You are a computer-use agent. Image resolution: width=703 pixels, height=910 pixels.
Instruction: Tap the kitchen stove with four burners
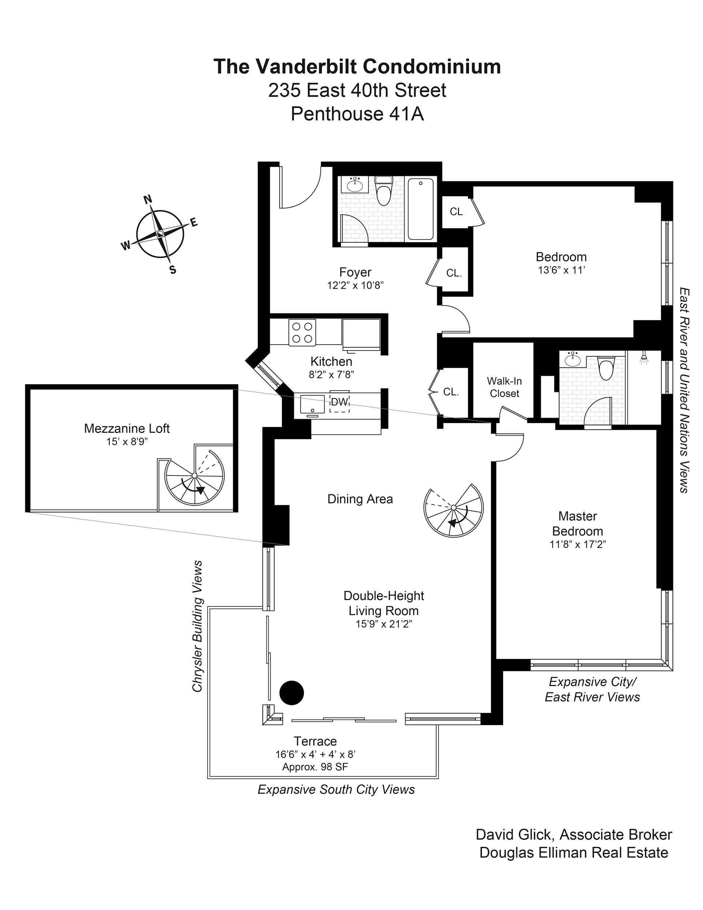(302, 332)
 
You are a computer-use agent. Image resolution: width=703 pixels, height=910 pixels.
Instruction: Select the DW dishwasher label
(339, 402)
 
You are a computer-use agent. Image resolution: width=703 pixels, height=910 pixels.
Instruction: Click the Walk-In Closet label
(504, 387)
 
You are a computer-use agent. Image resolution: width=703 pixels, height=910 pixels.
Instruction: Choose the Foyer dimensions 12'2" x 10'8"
(355, 285)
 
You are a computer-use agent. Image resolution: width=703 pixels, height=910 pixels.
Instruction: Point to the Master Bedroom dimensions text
(577, 544)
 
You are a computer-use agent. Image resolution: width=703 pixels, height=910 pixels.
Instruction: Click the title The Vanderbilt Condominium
(357, 67)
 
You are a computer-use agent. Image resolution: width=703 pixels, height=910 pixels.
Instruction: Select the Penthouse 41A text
(357, 114)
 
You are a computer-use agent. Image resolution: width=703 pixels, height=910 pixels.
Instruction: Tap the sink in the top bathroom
(355, 185)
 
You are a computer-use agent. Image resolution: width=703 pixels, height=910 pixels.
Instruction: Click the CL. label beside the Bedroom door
(454, 273)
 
